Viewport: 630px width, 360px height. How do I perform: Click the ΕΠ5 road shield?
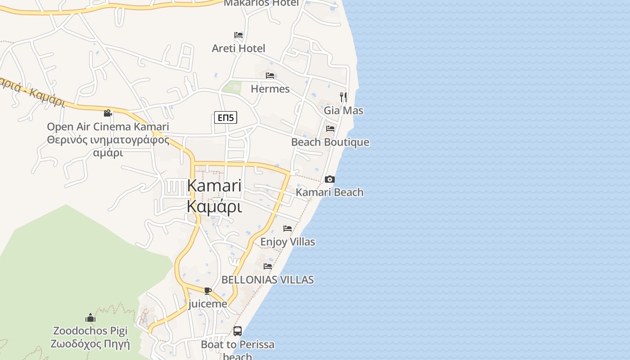coord(225,118)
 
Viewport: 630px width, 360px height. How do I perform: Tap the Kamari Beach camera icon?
coord(330,179)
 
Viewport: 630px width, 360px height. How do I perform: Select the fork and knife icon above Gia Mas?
coord(343,97)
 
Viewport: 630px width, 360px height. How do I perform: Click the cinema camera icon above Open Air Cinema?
coord(108,113)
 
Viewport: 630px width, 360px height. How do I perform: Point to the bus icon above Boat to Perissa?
coord(238,331)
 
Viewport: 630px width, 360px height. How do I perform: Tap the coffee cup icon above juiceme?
coord(207,291)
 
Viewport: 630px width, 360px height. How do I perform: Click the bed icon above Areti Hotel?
coord(238,35)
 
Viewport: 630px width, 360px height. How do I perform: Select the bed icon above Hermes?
coord(270,75)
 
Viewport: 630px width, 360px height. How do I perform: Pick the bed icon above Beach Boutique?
coord(330,129)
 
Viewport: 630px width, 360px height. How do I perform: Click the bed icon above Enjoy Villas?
coord(288,229)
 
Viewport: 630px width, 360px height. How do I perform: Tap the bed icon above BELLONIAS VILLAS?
coord(268,266)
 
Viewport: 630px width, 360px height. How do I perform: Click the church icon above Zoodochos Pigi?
coord(90,318)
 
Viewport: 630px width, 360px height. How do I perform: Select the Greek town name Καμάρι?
coord(214,207)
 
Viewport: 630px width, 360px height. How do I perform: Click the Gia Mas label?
coord(343,110)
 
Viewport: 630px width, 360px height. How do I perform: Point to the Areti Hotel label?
coord(238,48)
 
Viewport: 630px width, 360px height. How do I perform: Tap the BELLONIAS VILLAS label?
coord(268,279)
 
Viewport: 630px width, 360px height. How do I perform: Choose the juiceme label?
coord(207,304)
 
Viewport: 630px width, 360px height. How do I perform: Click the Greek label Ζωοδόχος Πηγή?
coord(90,345)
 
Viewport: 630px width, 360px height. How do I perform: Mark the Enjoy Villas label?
coord(288,242)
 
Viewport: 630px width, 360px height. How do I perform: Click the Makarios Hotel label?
coord(261,3)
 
